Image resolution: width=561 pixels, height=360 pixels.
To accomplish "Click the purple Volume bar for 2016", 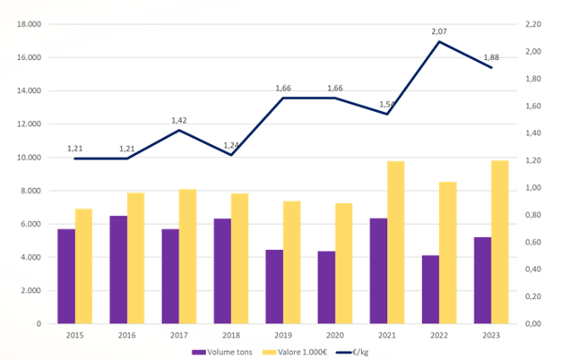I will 118,270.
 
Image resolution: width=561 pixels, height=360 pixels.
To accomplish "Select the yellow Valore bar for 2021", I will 396,242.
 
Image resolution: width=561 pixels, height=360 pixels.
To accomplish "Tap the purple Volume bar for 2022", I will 431,289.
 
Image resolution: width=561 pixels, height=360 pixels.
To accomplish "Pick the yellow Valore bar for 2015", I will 83,266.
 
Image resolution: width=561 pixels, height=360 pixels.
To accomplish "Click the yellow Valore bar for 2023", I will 501,242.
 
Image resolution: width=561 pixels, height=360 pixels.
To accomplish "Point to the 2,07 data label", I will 439,31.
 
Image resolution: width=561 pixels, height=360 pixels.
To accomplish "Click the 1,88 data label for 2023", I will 491,57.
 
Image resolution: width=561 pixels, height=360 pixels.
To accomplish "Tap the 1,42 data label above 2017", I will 178,119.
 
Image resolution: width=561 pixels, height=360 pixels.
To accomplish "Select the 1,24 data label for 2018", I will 230,145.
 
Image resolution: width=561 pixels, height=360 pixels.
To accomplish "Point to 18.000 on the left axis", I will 30,24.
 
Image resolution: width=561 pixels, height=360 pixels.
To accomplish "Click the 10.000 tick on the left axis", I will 30,158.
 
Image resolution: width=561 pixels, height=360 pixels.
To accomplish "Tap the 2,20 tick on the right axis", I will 536,24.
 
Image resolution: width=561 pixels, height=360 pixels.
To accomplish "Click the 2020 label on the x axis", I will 335,335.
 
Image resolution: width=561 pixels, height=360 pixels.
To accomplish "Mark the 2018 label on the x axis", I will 230,335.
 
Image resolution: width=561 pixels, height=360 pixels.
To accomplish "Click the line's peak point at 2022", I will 440,41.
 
